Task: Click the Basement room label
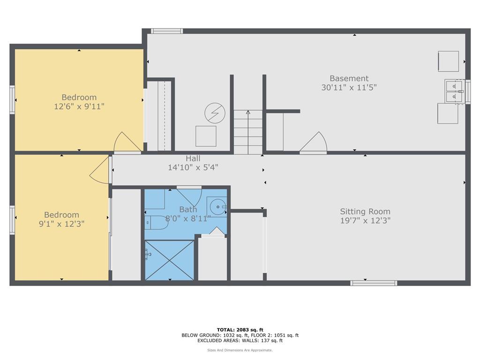349,78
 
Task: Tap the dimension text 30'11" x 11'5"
349,87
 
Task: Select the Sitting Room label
365,211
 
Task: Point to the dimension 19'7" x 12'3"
365,220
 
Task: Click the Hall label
193,158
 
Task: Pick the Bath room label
188,209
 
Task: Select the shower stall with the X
169,260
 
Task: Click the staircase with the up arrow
248,132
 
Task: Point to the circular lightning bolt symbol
215,112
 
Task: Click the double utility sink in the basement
454,91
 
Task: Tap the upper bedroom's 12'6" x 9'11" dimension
79,106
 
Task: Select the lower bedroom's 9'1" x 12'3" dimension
61,224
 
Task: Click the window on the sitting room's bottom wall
374,283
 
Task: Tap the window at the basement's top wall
167,31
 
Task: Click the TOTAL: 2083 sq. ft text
240,330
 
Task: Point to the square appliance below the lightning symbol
206,136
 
